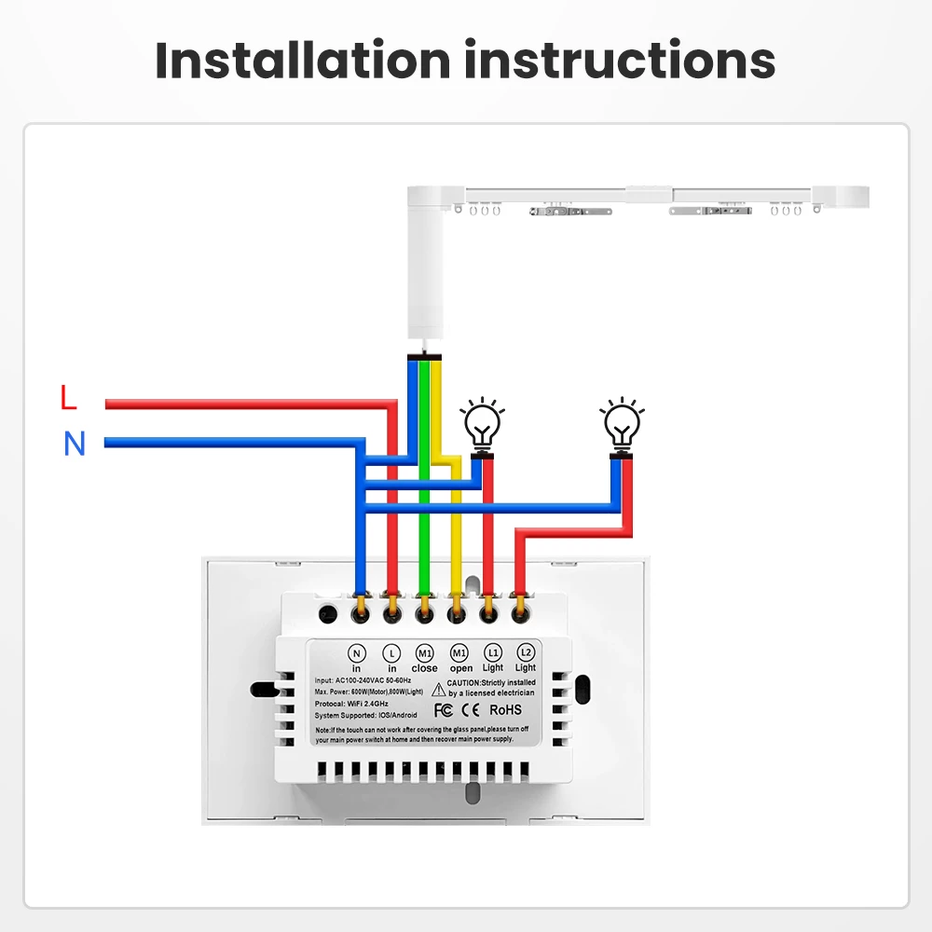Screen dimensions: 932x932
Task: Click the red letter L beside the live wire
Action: point(68,398)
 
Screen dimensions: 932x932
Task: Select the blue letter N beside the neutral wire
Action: point(75,445)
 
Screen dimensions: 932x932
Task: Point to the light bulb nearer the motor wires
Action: point(482,424)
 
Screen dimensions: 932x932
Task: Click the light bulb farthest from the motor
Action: point(622,424)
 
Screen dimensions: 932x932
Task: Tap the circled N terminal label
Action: point(357,652)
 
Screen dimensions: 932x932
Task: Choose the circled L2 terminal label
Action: point(526,652)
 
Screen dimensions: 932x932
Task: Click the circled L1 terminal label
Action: point(493,652)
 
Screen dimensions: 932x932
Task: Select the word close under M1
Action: point(425,668)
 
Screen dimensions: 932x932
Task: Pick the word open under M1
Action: point(460,668)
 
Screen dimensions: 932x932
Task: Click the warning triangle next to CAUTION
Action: point(438,685)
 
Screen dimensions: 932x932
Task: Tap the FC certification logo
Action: point(443,711)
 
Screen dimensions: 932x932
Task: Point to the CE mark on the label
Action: point(470,711)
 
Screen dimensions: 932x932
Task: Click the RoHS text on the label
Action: point(507,711)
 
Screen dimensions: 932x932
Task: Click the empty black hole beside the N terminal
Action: point(327,614)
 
